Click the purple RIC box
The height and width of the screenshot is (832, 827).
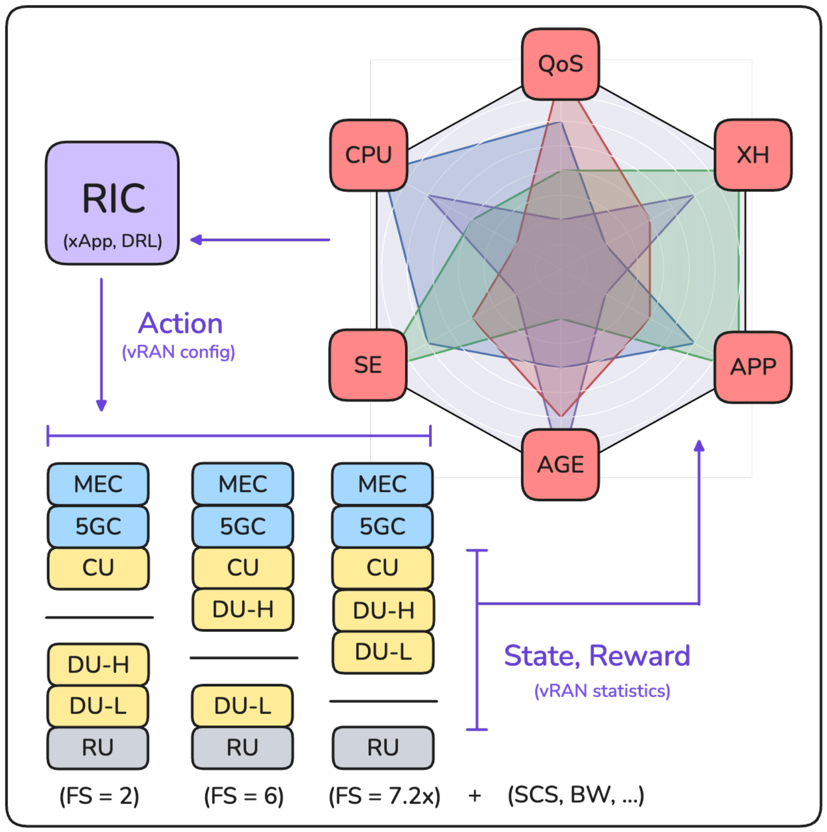(112, 203)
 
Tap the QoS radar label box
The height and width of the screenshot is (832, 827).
(560, 64)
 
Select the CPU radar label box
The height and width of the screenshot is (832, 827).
(369, 155)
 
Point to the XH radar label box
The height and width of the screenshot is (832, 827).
(753, 155)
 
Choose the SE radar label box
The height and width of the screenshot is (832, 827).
(368, 365)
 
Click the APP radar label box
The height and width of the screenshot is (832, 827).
(753, 367)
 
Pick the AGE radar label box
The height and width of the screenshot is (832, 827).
(560, 464)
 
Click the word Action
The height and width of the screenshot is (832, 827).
(180, 324)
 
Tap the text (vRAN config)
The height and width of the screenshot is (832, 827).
(178, 352)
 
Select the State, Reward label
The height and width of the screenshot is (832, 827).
(597, 656)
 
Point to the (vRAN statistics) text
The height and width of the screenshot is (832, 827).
(602, 691)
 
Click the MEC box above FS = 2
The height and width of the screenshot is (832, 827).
(98, 484)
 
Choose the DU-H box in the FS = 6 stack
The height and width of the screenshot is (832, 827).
(243, 610)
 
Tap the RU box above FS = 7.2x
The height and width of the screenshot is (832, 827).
(383, 747)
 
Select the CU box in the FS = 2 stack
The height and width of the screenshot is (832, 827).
(98, 568)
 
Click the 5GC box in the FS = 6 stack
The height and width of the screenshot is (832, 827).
(243, 526)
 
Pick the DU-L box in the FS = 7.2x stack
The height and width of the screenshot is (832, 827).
(383, 652)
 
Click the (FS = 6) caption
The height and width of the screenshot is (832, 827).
(244, 796)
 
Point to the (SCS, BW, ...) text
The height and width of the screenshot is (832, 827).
(576, 795)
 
